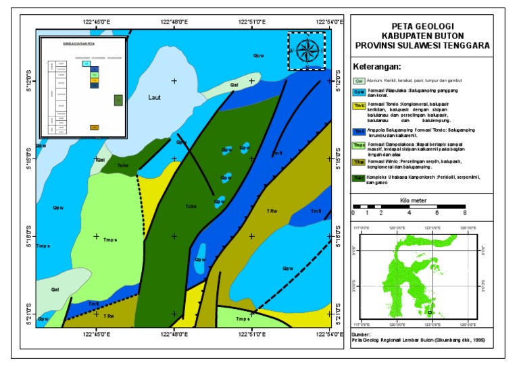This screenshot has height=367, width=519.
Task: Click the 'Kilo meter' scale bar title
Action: pyautogui.click(x=413, y=201)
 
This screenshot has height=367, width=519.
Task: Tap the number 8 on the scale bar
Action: pyautogui.click(x=465, y=213)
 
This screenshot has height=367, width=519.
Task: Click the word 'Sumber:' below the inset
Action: pyautogui.click(x=362, y=334)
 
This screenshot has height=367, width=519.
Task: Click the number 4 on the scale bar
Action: pyautogui.click(x=409, y=213)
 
